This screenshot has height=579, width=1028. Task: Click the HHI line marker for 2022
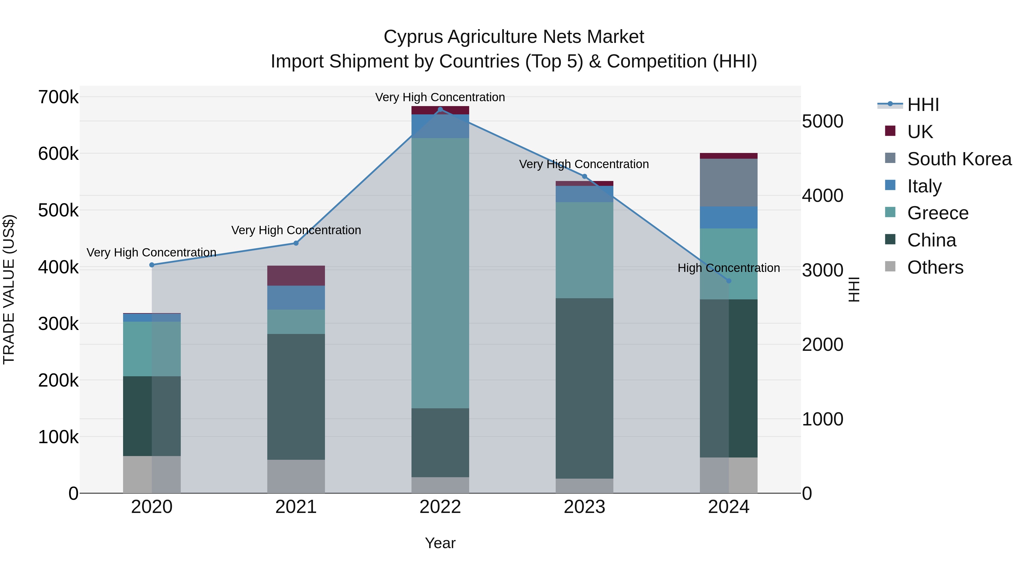point(440,110)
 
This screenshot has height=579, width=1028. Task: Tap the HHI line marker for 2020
point(152,265)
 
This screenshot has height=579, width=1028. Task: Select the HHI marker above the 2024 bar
point(729,281)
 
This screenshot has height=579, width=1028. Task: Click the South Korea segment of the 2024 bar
point(729,183)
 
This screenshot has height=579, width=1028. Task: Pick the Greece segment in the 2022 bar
point(440,273)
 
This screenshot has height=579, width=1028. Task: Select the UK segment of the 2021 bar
point(296,275)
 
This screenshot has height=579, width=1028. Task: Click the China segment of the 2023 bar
point(584,388)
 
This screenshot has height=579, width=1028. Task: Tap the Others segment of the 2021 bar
point(296,476)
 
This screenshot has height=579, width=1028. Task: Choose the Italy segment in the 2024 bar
point(729,217)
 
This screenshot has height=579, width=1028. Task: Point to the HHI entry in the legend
point(923,105)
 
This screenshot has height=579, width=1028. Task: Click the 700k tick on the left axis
point(58,97)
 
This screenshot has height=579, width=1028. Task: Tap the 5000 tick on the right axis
point(822,122)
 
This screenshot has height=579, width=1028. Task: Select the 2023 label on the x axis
point(584,507)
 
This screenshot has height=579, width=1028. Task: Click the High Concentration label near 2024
point(729,268)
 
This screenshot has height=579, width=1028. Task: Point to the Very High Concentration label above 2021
point(296,230)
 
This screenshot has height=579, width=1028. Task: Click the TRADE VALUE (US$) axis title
point(9,289)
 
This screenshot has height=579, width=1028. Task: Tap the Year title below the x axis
point(440,543)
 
